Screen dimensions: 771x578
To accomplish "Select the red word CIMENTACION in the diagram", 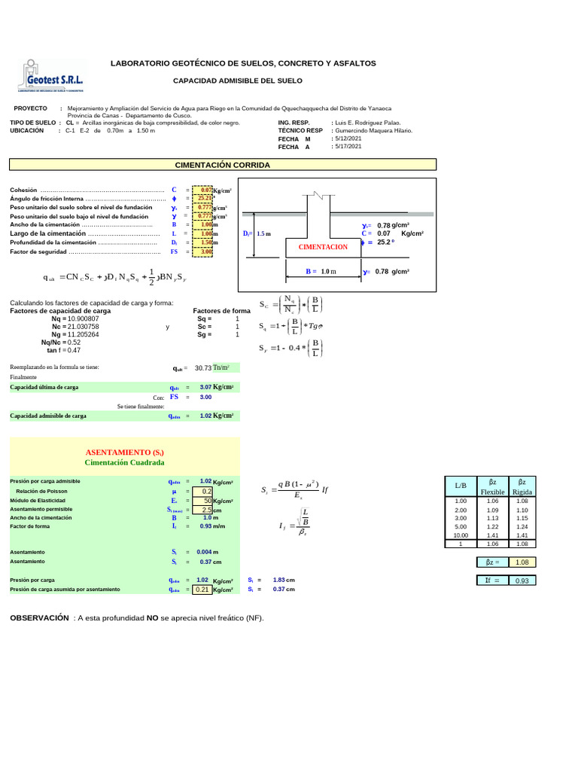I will pos(324,247).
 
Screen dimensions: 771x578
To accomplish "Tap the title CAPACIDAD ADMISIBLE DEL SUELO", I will pos(238,80).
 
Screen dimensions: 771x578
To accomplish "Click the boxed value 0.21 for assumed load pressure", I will pos(202,590).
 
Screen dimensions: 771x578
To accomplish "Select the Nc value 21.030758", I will pos(81,327).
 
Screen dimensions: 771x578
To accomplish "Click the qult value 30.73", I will pos(203,367).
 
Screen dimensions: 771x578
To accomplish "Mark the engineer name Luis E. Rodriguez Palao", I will pos(367,122).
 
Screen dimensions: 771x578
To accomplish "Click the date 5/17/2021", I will pos(347,147).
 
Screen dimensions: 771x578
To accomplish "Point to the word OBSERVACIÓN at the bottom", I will pos(38,617).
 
